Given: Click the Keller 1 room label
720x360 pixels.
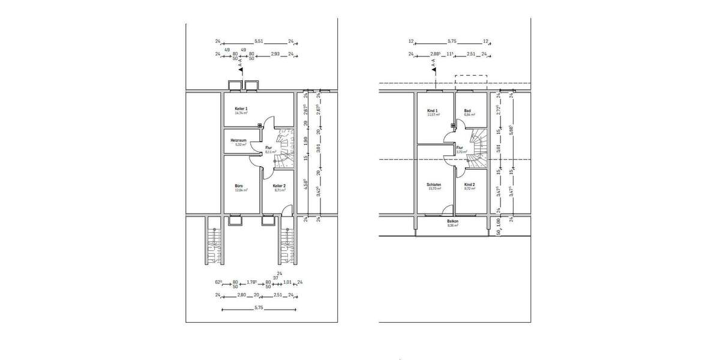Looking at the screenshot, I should (242, 108).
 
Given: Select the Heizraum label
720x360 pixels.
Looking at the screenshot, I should (239, 140).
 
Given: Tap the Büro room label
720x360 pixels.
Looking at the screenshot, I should (239, 186).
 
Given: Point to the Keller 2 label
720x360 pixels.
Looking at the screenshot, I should (280, 186).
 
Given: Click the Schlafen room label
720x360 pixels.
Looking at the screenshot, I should (434, 185).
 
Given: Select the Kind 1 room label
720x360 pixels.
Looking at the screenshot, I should (433, 110).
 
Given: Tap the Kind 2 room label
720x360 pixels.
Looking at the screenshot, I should (470, 185).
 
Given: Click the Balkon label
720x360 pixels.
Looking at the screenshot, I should (453, 220).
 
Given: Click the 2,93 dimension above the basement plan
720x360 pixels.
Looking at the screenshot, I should (275, 54).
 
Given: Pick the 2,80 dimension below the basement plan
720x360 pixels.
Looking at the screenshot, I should (242, 295).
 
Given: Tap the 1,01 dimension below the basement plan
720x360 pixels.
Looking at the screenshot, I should (287, 282).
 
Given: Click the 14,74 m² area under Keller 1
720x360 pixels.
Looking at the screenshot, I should (242, 113).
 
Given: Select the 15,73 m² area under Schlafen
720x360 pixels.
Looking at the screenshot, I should (434, 189).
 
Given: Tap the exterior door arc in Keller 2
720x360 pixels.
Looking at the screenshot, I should (287, 210).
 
